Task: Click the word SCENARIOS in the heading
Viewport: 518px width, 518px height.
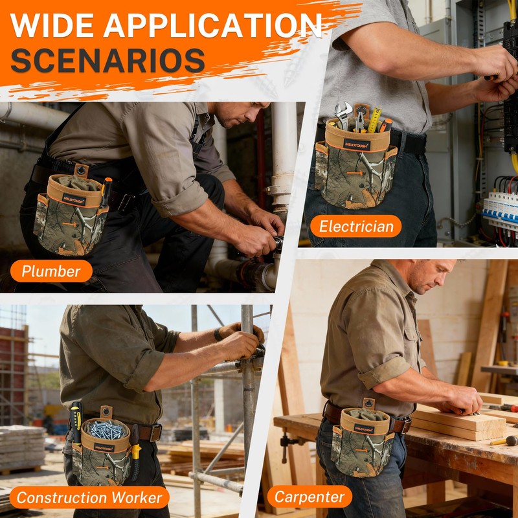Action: pyautogui.click(x=107, y=60)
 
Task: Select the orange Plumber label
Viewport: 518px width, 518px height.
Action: pyautogui.click(x=51, y=271)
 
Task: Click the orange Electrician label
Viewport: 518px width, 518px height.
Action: pyautogui.click(x=355, y=226)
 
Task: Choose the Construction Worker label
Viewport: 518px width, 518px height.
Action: pyautogui.click(x=89, y=497)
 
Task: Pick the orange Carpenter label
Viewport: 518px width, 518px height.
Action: pyautogui.click(x=310, y=497)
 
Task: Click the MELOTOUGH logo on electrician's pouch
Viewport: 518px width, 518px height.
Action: pyautogui.click(x=357, y=144)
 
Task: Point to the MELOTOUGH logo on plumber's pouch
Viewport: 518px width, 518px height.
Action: pyautogui.click(x=74, y=199)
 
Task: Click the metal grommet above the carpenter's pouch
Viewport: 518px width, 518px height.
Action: pyautogui.click(x=369, y=403)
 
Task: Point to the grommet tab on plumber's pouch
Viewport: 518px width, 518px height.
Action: pyautogui.click(x=81, y=171)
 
